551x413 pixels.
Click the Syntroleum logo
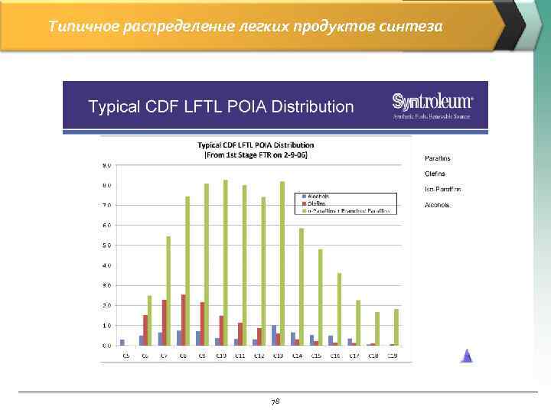coord(432,105)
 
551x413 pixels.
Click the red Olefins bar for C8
coord(184,320)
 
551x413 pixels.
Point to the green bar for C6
coord(150,320)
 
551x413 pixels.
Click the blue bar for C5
coord(122,342)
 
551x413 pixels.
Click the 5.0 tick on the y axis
coord(106,246)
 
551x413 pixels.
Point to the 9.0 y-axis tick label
coord(106,165)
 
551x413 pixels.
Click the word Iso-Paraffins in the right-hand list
coord(442,189)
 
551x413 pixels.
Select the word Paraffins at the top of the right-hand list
coord(437,158)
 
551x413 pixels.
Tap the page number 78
coord(275,401)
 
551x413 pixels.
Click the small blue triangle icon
coord(466,355)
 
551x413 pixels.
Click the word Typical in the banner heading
coord(112,106)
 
